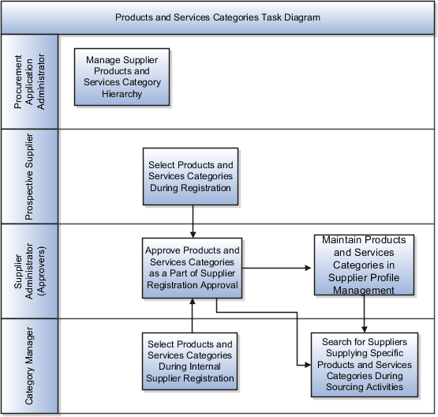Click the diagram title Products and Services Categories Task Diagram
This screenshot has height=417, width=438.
[218, 17]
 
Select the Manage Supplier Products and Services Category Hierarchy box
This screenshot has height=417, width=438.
[122, 77]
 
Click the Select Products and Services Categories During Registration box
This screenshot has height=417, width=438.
[190, 177]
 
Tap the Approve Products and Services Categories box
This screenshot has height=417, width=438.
[192, 268]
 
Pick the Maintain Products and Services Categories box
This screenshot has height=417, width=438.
[364, 265]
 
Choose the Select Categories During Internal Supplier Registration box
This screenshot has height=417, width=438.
[190, 361]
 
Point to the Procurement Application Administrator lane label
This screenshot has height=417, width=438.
[29, 82]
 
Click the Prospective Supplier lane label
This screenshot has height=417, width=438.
[29, 176]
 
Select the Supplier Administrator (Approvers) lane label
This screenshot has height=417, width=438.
[29, 271]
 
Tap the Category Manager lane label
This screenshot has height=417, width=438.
[29, 366]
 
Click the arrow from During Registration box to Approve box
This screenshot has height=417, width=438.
[192, 223]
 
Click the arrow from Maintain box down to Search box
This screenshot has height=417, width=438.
[364, 314]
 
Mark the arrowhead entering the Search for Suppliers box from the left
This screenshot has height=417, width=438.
[306, 365]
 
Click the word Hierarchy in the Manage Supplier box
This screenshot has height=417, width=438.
[122, 94]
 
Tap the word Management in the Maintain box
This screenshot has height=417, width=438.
[364, 290]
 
